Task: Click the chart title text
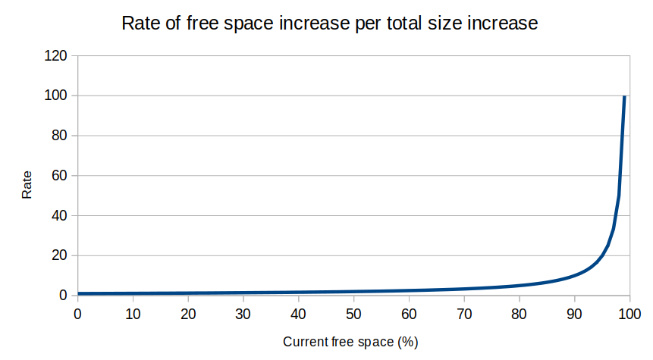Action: (329, 23)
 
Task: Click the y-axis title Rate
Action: (27, 185)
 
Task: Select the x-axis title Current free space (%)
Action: (350, 342)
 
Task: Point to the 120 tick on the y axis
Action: (58, 56)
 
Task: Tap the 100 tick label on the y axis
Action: (58, 96)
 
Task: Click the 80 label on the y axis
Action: (61, 136)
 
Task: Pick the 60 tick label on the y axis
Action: (61, 176)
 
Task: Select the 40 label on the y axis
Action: (61, 216)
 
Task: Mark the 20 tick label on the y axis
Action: (61, 256)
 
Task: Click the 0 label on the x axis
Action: (77, 313)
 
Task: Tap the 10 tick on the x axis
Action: (133, 313)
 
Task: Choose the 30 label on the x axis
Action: (243, 313)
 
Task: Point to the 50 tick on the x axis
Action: (353, 313)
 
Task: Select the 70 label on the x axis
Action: (463, 313)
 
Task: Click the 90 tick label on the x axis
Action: (574, 313)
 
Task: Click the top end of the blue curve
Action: (624, 96)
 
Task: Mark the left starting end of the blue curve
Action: (78, 293)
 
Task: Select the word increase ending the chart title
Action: (503, 23)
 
